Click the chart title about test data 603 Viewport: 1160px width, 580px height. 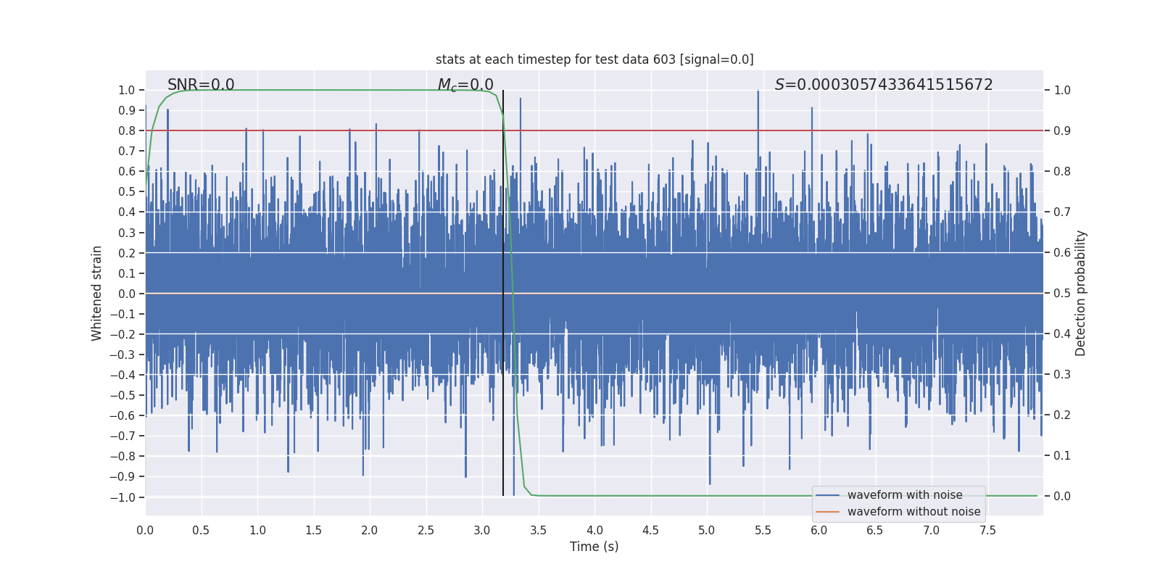point(594,59)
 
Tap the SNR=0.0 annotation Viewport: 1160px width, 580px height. point(201,85)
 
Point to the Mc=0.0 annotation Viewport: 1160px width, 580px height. point(465,85)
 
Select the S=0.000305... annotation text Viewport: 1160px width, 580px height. point(884,85)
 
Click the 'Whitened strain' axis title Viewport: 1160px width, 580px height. point(97,293)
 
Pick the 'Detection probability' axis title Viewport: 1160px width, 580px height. point(1081,293)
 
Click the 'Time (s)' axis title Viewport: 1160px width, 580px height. point(594,547)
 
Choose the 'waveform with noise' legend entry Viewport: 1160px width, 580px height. point(905,495)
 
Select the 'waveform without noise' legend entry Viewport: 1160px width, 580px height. point(913,512)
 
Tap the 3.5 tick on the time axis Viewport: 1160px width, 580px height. point(538,530)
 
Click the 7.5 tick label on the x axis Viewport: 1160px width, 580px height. point(987,530)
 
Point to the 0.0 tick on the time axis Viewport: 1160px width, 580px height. point(145,530)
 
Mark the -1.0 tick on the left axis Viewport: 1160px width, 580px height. point(123,497)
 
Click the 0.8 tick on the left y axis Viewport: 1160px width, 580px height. point(127,130)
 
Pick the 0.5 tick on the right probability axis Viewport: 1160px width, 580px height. point(1062,294)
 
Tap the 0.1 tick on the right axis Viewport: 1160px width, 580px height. point(1062,456)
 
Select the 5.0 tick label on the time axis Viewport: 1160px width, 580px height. point(706,530)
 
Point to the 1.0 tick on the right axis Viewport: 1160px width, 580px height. point(1062,91)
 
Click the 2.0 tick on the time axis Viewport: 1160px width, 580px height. point(369,530)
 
